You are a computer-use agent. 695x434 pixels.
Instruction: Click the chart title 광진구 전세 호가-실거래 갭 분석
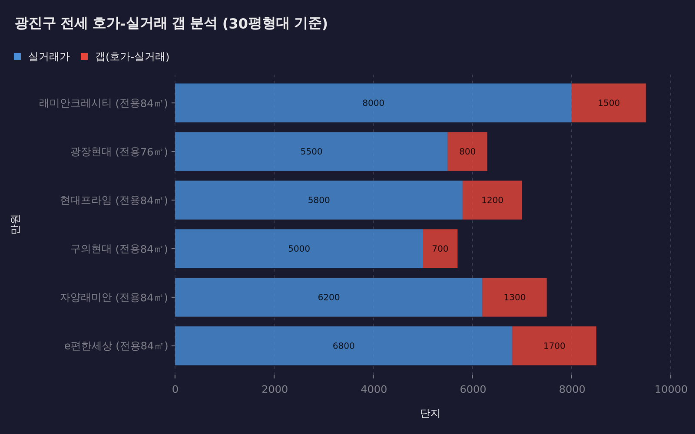point(171,23)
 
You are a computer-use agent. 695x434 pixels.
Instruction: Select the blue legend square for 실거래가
point(17,56)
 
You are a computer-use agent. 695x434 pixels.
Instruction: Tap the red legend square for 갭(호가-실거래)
point(84,56)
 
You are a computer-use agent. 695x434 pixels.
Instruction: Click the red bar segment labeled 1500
point(608,103)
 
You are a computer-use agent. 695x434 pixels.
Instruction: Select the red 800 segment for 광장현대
point(467,151)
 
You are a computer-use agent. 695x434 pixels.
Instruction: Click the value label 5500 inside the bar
point(311,151)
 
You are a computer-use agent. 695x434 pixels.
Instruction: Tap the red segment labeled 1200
point(492,200)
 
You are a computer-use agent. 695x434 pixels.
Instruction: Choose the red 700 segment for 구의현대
point(440,249)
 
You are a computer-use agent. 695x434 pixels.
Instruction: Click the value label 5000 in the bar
point(299,249)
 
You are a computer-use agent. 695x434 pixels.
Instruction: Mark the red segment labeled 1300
point(514,297)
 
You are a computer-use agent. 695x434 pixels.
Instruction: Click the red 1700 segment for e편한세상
point(554,346)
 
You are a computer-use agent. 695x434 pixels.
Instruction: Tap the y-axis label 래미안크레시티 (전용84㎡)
point(103,103)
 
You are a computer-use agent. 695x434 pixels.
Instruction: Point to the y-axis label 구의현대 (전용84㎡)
point(119,249)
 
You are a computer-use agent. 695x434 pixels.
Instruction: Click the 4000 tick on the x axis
point(374,389)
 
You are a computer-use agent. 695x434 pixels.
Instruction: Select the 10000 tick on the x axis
point(671,389)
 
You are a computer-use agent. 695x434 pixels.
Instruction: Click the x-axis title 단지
point(430,414)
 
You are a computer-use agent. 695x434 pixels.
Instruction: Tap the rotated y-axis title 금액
point(15,224)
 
